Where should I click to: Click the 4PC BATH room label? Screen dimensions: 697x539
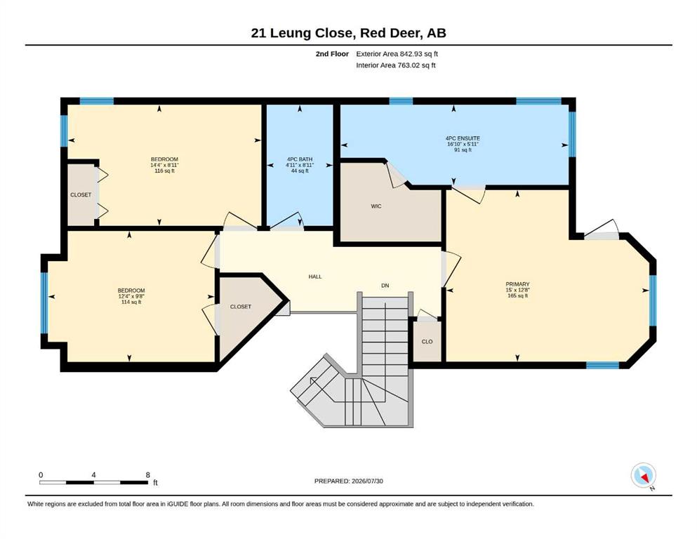(300, 159)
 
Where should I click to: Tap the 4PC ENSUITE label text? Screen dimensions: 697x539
(463, 138)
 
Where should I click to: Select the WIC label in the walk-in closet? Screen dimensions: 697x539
(376, 206)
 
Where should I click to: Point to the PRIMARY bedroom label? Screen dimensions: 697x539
(517, 284)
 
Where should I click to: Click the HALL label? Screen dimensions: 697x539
(315, 277)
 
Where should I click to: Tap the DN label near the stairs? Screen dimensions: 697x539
(385, 285)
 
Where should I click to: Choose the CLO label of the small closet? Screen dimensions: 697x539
(427, 341)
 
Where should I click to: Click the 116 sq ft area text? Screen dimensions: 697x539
(164, 171)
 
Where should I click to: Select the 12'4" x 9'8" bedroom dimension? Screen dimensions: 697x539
(131, 296)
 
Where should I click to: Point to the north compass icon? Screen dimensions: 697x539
(643, 475)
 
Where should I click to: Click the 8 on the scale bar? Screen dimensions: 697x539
(148, 474)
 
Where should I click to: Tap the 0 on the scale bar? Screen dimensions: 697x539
(41, 474)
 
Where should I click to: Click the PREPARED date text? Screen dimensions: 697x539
(348, 481)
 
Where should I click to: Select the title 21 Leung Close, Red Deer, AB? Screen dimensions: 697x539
(348, 33)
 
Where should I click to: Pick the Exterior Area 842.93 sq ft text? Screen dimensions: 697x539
(397, 54)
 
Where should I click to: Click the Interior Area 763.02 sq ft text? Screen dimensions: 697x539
(396, 65)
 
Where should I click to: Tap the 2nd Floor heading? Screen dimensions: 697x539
(332, 54)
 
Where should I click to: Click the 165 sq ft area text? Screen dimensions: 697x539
(517, 295)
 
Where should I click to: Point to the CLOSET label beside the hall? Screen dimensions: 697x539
(241, 307)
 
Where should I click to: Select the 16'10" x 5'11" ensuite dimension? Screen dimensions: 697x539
(463, 144)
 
